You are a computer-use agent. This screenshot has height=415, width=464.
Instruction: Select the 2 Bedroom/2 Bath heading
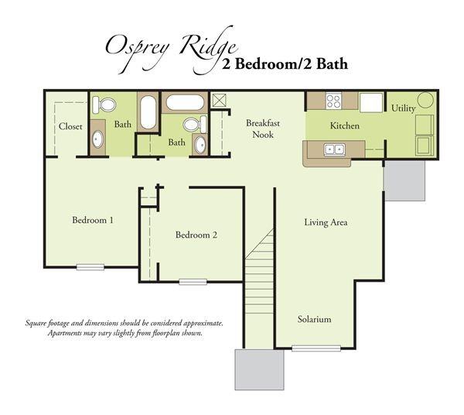(x=285, y=64)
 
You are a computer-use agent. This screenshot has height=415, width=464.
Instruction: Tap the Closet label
(x=70, y=126)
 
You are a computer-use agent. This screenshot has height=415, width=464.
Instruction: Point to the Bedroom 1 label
(x=93, y=220)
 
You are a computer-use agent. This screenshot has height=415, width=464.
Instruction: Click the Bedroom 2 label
(x=196, y=235)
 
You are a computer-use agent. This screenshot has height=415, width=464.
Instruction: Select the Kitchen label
(x=345, y=125)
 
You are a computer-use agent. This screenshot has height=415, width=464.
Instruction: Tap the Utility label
(x=403, y=108)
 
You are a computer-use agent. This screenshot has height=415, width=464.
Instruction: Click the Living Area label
(x=326, y=222)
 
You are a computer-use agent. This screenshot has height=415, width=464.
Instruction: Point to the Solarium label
(x=315, y=319)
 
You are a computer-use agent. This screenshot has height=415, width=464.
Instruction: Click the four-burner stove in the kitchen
(x=334, y=101)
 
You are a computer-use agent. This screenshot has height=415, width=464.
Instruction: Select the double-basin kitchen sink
(x=335, y=149)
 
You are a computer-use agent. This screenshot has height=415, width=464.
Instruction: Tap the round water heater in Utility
(x=425, y=101)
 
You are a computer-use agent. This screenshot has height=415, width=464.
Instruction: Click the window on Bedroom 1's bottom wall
(x=90, y=267)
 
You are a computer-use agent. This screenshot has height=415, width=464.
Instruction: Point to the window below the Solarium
(x=316, y=348)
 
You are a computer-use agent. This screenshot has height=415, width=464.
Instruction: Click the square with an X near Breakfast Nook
(x=218, y=100)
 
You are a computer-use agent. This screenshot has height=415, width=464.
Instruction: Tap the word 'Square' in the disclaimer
(x=37, y=323)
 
